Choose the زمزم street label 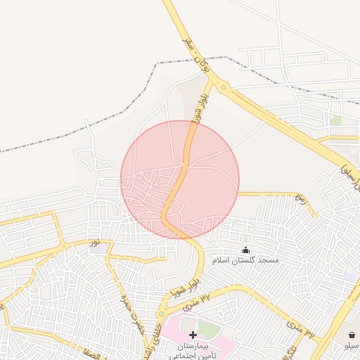[300, 197]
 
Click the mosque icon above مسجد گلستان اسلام [245, 250]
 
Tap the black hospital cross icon [193, 335]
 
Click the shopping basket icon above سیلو [351, 335]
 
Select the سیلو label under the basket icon [351, 346]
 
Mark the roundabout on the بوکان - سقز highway [224, 88]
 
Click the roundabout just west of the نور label [64, 246]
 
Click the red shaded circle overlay [180, 180]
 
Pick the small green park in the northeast [336, 120]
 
